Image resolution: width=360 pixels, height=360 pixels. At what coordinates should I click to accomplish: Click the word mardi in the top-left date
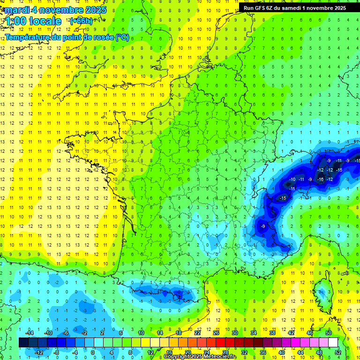17,10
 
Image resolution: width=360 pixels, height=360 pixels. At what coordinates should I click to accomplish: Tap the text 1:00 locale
34,21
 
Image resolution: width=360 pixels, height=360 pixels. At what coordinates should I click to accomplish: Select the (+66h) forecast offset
81,21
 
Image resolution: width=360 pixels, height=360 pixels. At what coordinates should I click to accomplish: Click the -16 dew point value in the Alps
321,179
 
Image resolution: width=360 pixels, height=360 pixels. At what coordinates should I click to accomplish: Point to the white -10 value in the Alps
292,179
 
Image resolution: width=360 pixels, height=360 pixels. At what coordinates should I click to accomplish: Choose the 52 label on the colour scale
338,352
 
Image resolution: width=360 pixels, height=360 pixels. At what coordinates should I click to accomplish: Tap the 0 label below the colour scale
93,352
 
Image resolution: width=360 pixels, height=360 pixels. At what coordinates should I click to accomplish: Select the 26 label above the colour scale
216,333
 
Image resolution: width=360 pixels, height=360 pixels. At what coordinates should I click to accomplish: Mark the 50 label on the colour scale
329,333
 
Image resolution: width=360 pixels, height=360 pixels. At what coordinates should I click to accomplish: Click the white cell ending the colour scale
333,343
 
